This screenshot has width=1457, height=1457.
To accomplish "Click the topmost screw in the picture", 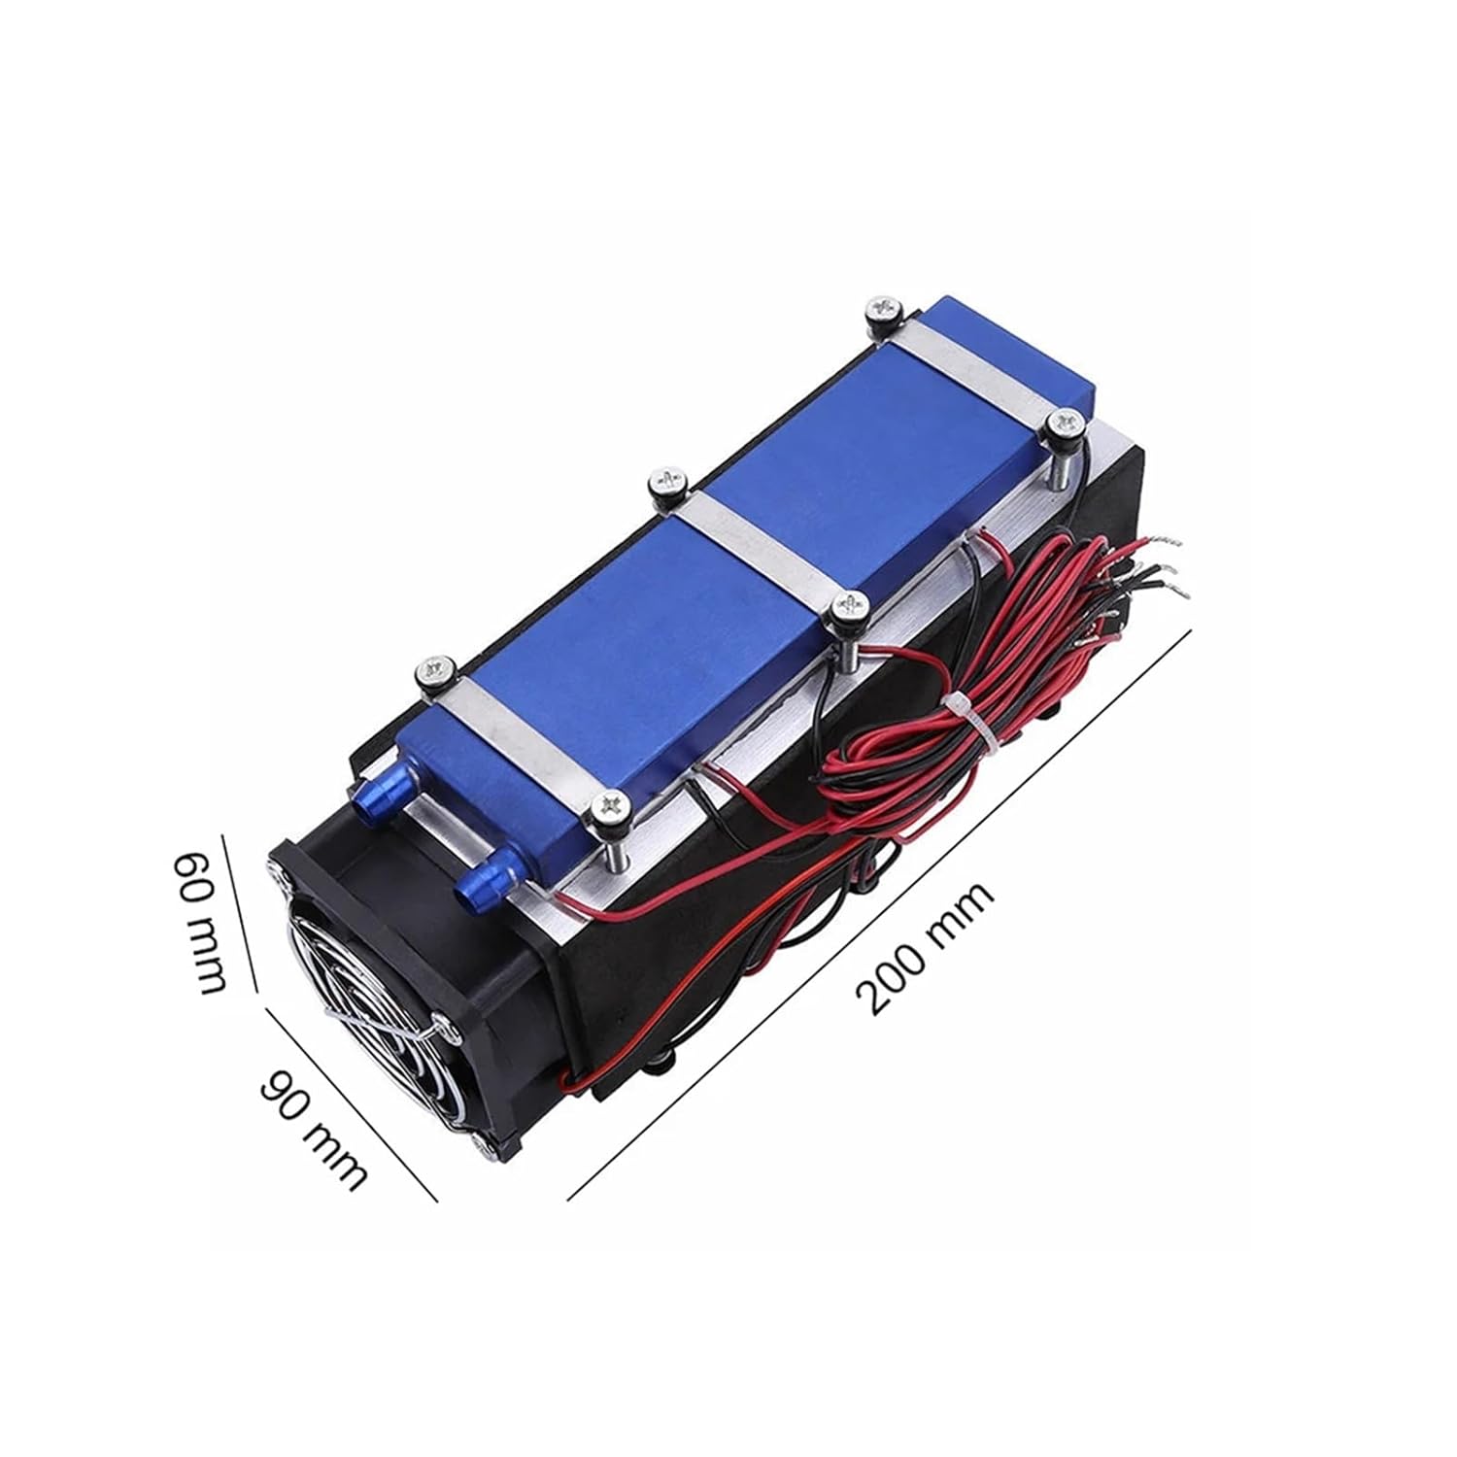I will point(885,308).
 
